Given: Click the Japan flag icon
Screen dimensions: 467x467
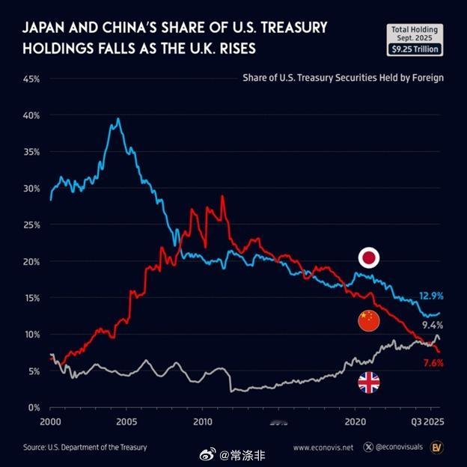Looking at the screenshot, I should click(x=368, y=259).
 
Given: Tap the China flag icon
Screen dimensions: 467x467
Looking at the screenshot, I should click(x=368, y=321).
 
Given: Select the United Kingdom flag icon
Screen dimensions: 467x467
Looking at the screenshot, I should click(x=368, y=383).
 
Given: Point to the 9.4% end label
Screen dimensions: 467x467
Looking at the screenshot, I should click(x=433, y=326).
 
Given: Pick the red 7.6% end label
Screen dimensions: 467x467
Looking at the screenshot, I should click(x=433, y=363).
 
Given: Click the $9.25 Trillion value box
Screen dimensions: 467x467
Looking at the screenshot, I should click(x=415, y=49).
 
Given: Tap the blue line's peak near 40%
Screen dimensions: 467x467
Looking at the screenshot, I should click(x=117, y=118).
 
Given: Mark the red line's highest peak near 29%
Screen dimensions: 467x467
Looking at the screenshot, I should click(x=222, y=196).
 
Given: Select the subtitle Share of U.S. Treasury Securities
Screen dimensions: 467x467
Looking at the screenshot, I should click(x=343, y=77).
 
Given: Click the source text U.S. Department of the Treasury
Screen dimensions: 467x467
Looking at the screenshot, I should click(x=85, y=448).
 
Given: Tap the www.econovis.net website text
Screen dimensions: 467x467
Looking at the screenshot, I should click(x=323, y=448).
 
